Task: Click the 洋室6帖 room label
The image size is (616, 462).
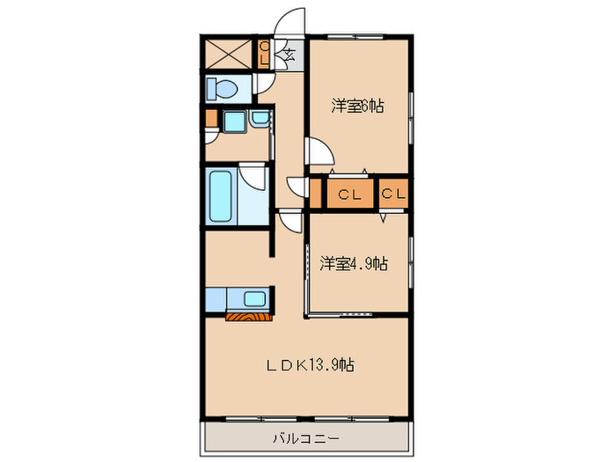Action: point(357,106)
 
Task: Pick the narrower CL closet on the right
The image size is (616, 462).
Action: point(394,194)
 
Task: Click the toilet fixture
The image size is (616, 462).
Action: point(224,88)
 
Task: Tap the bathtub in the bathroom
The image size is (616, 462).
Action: point(220,196)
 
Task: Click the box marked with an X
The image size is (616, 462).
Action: point(229,53)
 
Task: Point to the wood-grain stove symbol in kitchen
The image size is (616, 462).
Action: point(246,315)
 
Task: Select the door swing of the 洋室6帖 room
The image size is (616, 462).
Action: point(319,156)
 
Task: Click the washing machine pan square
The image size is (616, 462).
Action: point(234,122)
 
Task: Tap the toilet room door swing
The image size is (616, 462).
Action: point(262,84)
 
